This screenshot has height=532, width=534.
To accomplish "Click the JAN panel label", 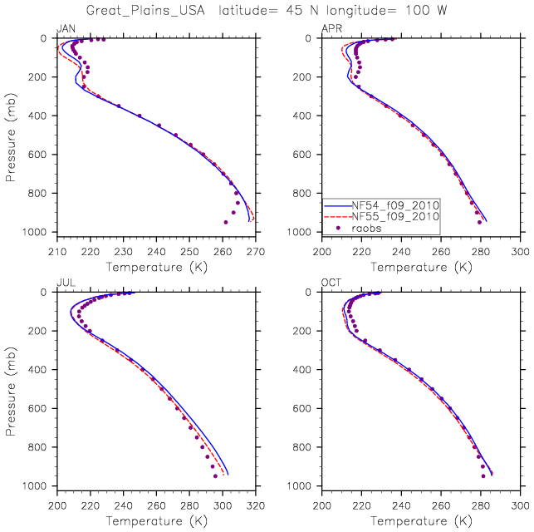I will [64, 29].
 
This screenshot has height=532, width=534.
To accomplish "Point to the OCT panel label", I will [331, 283].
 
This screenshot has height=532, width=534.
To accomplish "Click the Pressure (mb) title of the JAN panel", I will [11, 135].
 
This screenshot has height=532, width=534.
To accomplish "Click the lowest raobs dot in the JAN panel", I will [225, 222].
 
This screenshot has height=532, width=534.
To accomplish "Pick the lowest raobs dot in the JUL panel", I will [215, 476].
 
